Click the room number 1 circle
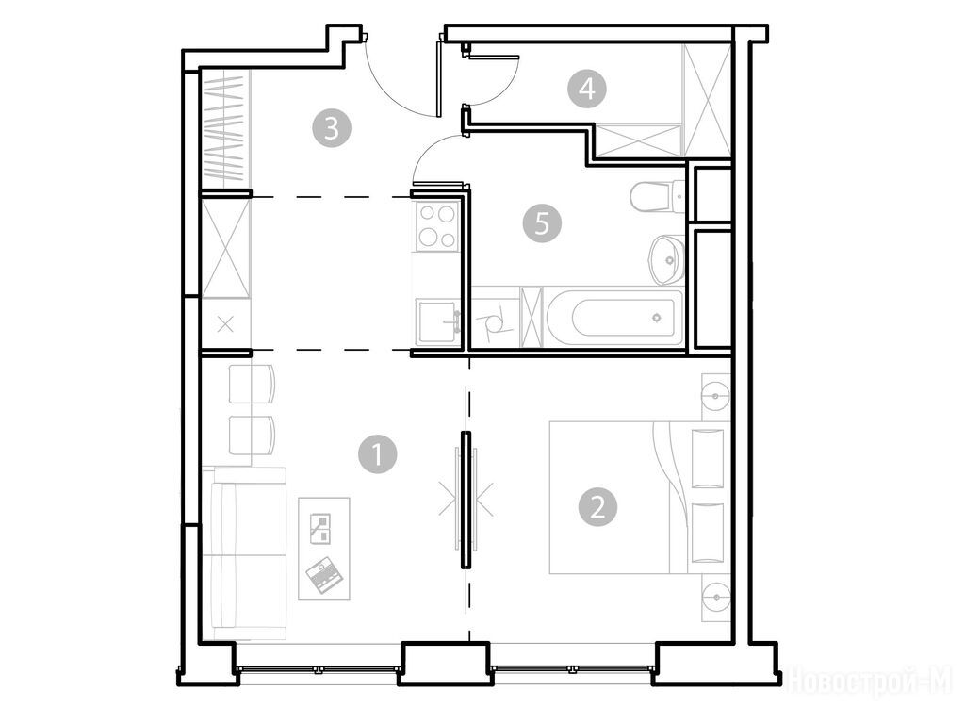pyautogui.click(x=377, y=454)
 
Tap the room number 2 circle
pyautogui.click(x=597, y=507)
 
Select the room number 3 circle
pyautogui.click(x=332, y=128)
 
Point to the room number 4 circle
pyautogui.click(x=587, y=89)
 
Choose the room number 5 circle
pyautogui.click(x=542, y=222)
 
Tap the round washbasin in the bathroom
pyautogui.click(x=666, y=259)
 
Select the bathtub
pyautogui.click(x=614, y=318)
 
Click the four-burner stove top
pyautogui.click(x=437, y=226)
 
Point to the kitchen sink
pyautogui.click(x=437, y=321)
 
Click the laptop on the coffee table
pyautogui.click(x=324, y=575)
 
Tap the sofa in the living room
pyautogui.click(x=249, y=552)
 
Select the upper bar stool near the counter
pyautogui.click(x=252, y=384)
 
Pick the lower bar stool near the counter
pyautogui.click(x=252, y=436)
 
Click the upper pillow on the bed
pyautogui.click(x=708, y=458)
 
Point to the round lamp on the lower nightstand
pyautogui.click(x=715, y=597)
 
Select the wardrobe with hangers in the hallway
pyautogui.click(x=226, y=127)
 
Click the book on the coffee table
pyautogui.click(x=320, y=528)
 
